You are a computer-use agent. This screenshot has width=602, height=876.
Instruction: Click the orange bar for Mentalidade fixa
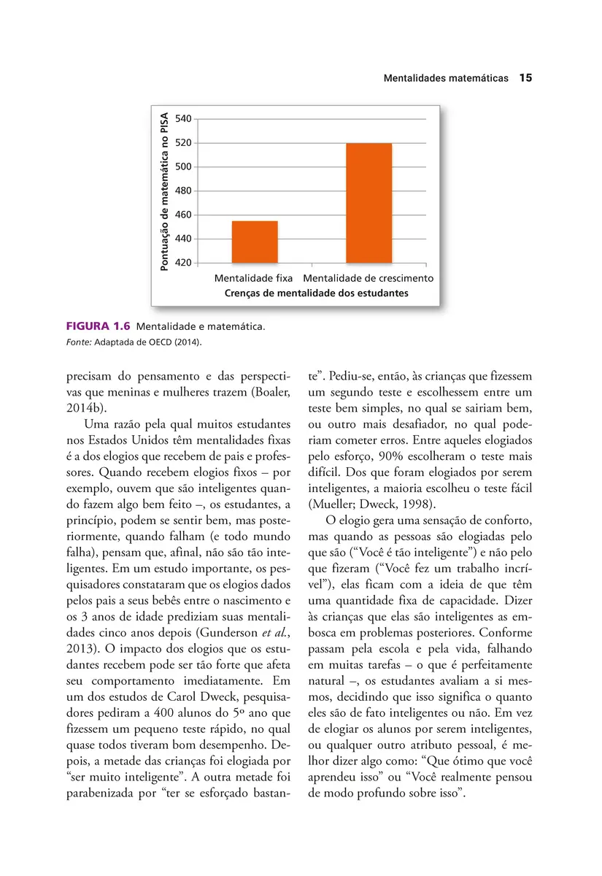254,242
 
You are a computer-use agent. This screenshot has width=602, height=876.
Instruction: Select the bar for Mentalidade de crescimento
368,203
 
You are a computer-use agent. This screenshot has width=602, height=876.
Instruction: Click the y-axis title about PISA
164,191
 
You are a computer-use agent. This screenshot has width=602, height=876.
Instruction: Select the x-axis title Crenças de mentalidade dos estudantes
316,293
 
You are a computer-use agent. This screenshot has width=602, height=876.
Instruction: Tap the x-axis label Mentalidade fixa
253,279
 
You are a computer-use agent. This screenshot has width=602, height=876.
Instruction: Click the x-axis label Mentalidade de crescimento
368,279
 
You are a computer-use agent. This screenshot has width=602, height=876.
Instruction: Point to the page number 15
525,78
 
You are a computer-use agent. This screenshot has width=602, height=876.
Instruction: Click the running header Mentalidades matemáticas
446,78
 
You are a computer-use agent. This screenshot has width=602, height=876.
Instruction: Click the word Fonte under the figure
79,341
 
